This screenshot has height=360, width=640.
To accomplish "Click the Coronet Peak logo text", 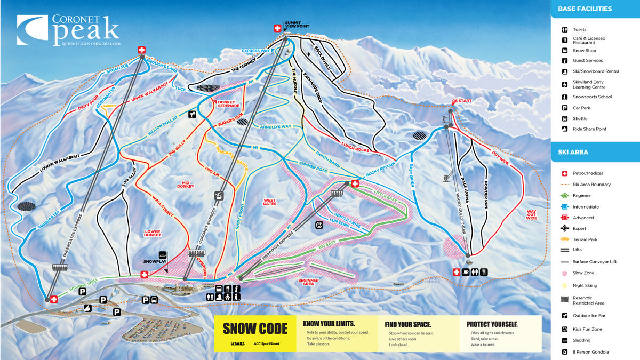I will click(85, 29).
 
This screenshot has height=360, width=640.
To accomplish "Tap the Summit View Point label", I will click(297, 24).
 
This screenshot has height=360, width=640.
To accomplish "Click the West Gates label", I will click(269, 202).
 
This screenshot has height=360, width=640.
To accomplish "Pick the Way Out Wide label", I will click(531, 214).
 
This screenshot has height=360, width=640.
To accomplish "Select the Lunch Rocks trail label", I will click(355, 147).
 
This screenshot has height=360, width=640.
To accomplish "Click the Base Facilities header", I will click(585, 9).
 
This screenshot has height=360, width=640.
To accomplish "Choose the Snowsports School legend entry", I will click(592, 97).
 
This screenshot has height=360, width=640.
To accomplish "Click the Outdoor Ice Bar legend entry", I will click(589, 316).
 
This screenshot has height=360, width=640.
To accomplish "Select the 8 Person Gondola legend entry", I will click(590, 352).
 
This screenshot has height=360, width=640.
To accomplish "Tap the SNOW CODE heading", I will click(255, 329).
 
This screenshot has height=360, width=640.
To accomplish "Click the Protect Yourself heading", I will click(492, 324).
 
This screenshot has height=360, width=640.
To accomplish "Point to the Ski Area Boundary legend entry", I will click(591, 185).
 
